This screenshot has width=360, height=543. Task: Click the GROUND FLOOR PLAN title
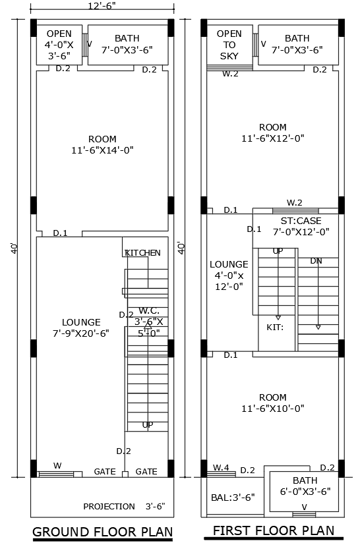click(x=102, y=532)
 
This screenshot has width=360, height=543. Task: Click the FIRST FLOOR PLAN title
click(x=273, y=530)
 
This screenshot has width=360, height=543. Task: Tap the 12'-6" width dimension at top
click(x=102, y=6)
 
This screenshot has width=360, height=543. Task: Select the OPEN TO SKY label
click(x=229, y=45)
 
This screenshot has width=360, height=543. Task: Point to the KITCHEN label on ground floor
click(x=143, y=253)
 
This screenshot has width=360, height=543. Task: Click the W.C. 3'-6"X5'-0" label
click(x=150, y=322)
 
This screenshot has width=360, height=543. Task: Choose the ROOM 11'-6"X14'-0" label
click(x=102, y=144)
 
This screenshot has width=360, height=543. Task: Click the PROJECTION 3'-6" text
click(x=124, y=507)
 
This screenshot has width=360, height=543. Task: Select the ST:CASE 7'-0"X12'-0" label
click(x=295, y=226)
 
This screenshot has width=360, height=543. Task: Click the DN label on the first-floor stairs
click(x=316, y=261)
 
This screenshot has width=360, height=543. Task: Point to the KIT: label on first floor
click(x=275, y=327)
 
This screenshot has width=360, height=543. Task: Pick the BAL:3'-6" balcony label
click(x=233, y=497)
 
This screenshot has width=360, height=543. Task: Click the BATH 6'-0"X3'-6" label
click(x=305, y=486)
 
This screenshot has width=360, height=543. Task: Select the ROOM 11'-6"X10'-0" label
click(x=272, y=403)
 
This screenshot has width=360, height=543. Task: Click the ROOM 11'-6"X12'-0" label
click(x=272, y=132)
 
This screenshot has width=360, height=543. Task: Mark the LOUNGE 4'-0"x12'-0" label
click(x=229, y=275)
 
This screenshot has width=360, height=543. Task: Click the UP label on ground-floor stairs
click(x=148, y=425)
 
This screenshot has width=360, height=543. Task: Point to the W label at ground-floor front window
click(x=57, y=466)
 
